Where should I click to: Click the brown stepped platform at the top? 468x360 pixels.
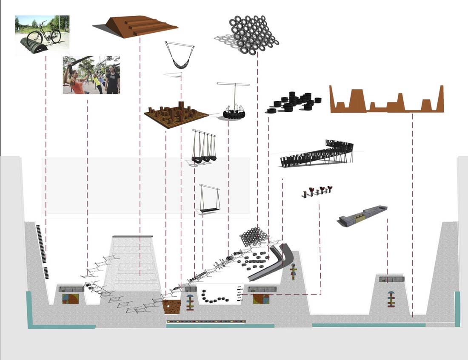[x=135, y=26]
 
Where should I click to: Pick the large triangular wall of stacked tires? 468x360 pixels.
[x=252, y=34]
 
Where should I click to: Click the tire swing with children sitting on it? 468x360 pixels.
[x=233, y=111]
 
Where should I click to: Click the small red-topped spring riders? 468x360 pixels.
[x=317, y=192]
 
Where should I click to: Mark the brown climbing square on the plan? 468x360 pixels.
[x=172, y=306]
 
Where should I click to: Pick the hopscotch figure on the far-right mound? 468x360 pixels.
[x=391, y=298]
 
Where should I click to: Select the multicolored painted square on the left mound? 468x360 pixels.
[x=71, y=298]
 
